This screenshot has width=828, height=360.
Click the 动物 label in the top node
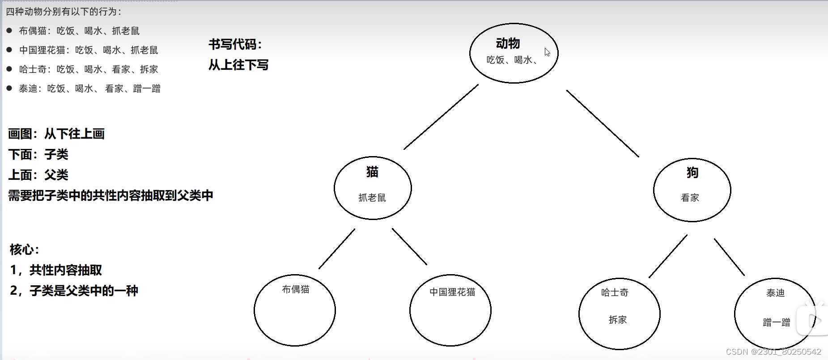(x=508, y=43)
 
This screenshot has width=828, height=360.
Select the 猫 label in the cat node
(x=372, y=172)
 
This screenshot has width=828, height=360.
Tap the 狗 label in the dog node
(x=692, y=173)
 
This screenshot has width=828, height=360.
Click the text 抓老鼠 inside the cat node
(x=372, y=198)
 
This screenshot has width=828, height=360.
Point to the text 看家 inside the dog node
(x=690, y=198)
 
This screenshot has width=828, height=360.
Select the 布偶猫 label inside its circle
(x=296, y=289)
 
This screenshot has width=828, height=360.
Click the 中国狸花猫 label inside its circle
(x=452, y=292)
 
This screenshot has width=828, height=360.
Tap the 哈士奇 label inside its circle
(x=615, y=292)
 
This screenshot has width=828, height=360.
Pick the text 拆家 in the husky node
(x=618, y=320)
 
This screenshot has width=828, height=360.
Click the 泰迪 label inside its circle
(x=775, y=293)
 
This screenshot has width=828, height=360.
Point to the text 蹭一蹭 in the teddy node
(x=776, y=322)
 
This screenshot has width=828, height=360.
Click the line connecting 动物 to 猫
(x=441, y=117)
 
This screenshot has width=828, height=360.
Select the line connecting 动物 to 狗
(x=603, y=123)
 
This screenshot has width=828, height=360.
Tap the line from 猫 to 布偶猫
(x=337, y=249)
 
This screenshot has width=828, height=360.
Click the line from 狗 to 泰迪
(x=729, y=257)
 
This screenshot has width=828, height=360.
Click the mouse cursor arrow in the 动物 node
(x=547, y=52)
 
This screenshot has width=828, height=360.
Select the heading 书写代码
(x=235, y=44)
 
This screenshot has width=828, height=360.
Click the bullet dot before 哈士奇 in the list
(x=9, y=69)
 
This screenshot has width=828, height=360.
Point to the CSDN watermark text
(x=773, y=352)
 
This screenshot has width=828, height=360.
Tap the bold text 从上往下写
(x=238, y=65)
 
